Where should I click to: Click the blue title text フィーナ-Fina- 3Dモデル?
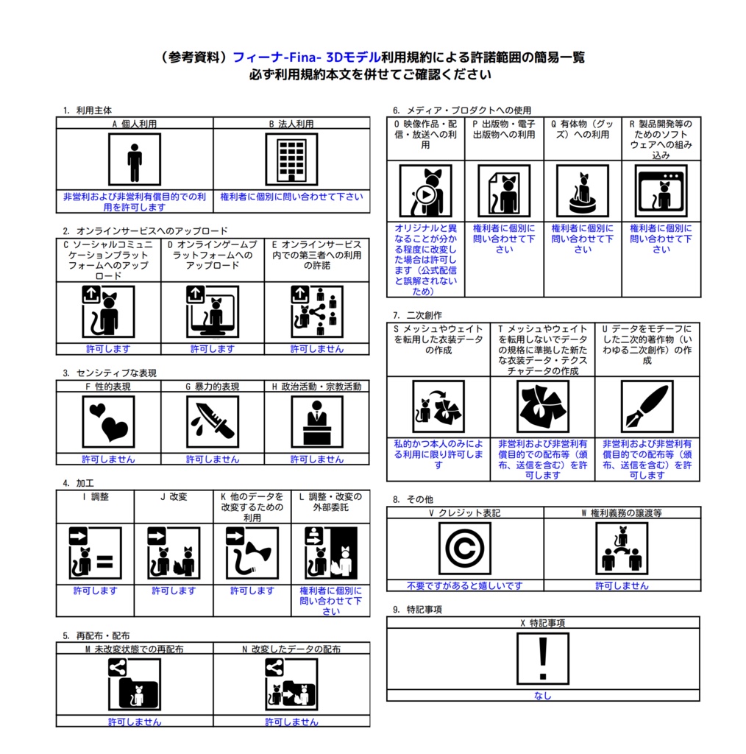click(x=307, y=57)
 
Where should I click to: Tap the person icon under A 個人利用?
click(x=135, y=159)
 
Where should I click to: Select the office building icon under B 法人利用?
click(x=291, y=159)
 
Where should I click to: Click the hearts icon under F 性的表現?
click(x=108, y=422)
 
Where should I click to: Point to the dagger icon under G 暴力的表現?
click(x=213, y=422)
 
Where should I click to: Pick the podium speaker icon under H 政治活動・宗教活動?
click(x=317, y=422)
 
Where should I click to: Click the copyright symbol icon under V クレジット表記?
click(x=464, y=548)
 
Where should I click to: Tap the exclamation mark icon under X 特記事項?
click(x=543, y=658)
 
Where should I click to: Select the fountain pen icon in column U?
click(x=647, y=406)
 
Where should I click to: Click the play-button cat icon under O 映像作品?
click(x=425, y=191)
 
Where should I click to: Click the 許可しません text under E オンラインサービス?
click(x=317, y=348)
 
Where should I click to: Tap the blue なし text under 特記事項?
click(x=543, y=695)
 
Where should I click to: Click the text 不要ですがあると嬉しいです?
click(x=464, y=585)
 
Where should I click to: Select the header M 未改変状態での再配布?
click(x=135, y=649)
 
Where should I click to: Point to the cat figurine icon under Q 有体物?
click(x=582, y=191)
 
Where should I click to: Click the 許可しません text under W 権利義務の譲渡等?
click(x=622, y=585)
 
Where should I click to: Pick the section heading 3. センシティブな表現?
click(x=110, y=373)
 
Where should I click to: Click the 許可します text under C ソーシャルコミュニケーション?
click(x=108, y=348)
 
